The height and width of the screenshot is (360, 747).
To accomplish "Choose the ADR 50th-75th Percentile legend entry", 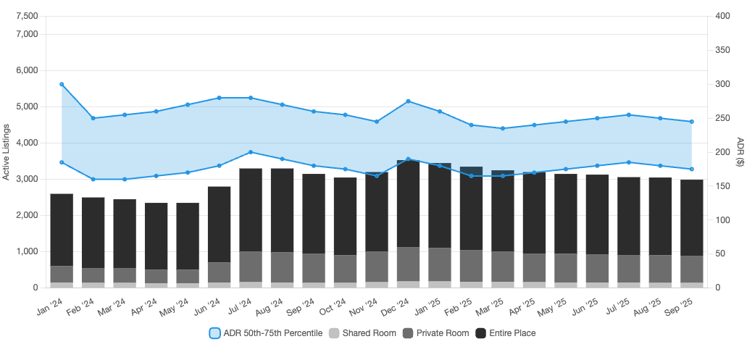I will point(265,333).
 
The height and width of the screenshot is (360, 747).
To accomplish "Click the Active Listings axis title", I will point(7,151).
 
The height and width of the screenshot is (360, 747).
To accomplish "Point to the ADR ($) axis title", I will point(740,151).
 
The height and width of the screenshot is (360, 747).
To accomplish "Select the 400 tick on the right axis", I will point(722,16).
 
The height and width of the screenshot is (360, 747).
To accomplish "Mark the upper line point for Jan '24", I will point(62,84).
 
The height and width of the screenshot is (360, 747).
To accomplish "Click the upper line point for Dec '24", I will point(409,101).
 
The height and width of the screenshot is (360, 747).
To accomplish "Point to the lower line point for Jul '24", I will point(251,152).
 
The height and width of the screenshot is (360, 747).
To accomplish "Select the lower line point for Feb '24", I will point(93,179).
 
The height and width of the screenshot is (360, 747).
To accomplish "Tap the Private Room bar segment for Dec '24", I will point(409,264).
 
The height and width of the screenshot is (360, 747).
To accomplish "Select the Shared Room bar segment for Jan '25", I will point(440,284).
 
